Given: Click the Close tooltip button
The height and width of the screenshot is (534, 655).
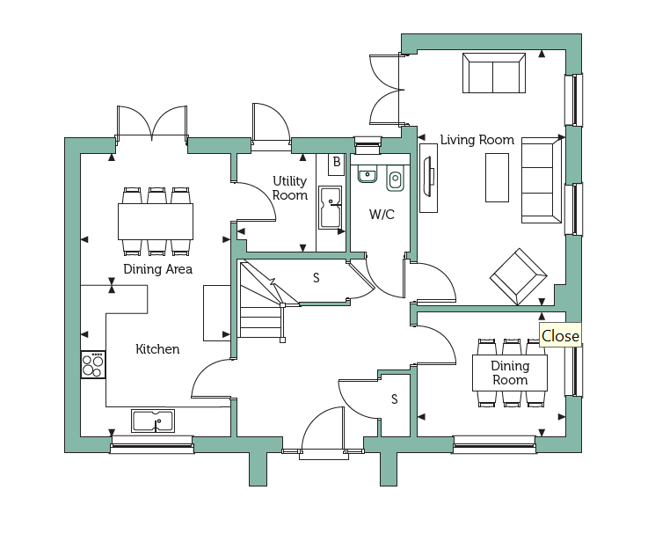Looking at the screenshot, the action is coord(560,335).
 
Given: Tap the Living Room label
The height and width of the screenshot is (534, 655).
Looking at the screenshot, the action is coord(477,140).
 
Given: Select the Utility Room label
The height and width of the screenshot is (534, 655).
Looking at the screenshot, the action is coord(290,188).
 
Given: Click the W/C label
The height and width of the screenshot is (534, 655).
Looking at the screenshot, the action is coord(382,215).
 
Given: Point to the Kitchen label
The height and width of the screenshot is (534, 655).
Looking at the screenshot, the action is coord(157,349).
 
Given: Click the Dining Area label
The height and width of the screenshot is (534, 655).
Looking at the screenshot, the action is coord(158,269).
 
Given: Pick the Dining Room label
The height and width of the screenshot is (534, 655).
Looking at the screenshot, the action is coord(510,373).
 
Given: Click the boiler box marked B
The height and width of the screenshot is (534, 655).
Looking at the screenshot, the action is coord(336,165).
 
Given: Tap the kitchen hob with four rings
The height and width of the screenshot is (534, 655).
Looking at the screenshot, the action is coord(93,364).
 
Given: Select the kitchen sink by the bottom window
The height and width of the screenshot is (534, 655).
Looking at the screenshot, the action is coord(153,421).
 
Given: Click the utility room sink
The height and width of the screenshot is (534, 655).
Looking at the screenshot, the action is coord(330,208).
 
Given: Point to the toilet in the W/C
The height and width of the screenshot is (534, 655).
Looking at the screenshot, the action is coord(395,178).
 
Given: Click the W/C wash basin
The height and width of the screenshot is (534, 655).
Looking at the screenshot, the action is coord(368,173).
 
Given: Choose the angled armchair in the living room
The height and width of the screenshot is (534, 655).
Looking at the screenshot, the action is coord(519,276).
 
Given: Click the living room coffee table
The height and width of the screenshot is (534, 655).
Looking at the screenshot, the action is coord(497,178).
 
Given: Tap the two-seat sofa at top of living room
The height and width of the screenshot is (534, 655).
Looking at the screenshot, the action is coord(494,73).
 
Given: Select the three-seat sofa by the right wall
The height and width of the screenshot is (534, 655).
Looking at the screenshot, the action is coord(542,180).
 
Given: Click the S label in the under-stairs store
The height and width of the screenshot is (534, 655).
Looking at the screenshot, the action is coord(317,277).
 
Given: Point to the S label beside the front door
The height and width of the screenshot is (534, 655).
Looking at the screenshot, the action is coord(395,399).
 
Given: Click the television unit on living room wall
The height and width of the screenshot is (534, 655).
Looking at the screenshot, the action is coord(428,178).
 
